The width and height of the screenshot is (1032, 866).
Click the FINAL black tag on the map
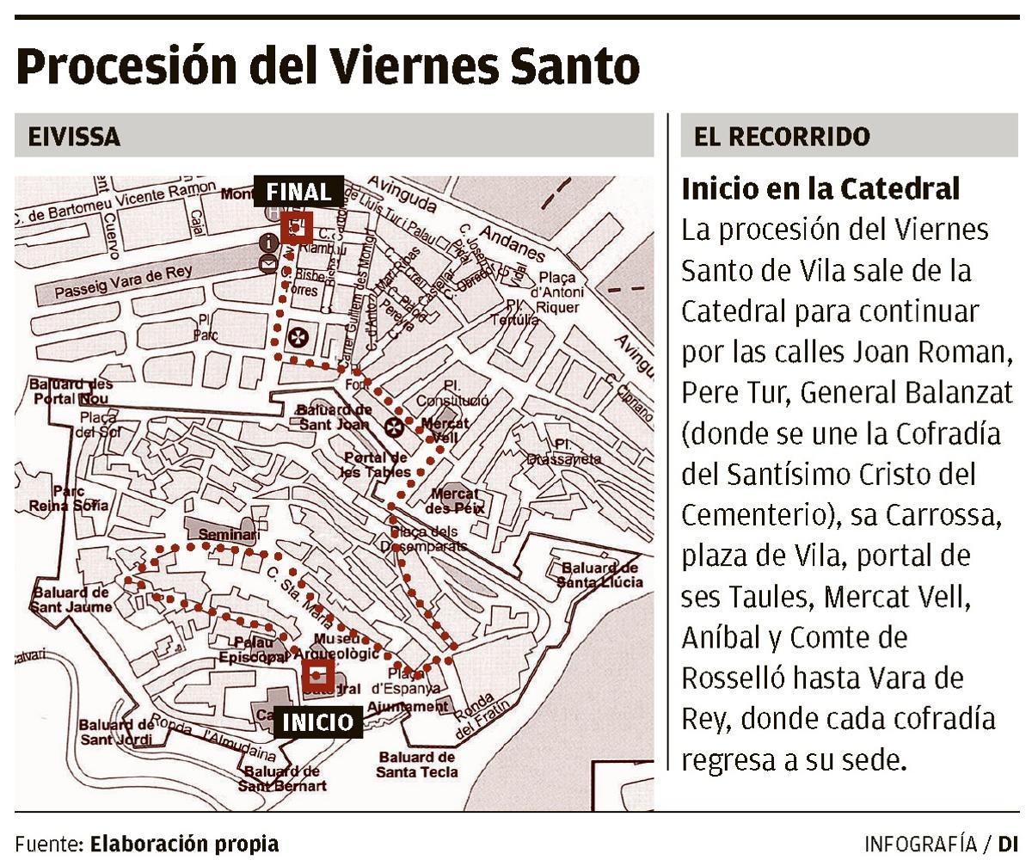coord(298,191)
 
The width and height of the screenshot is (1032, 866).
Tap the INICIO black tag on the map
coord(318,722)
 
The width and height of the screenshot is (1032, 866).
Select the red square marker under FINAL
coord(296,229)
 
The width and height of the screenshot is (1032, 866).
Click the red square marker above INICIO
coord(318,673)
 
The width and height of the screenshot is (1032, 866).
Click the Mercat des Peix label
coord(458,501)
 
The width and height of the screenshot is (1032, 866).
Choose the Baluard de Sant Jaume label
coord(72,599)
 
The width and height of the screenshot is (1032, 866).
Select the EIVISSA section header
coord(74,137)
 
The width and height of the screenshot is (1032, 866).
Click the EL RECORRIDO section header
coord(782,137)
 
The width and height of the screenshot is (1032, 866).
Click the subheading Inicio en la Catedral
coord(820,188)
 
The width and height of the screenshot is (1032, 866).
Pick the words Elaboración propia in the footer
coord(184,843)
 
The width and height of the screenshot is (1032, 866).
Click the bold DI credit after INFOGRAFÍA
coord(1008,843)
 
